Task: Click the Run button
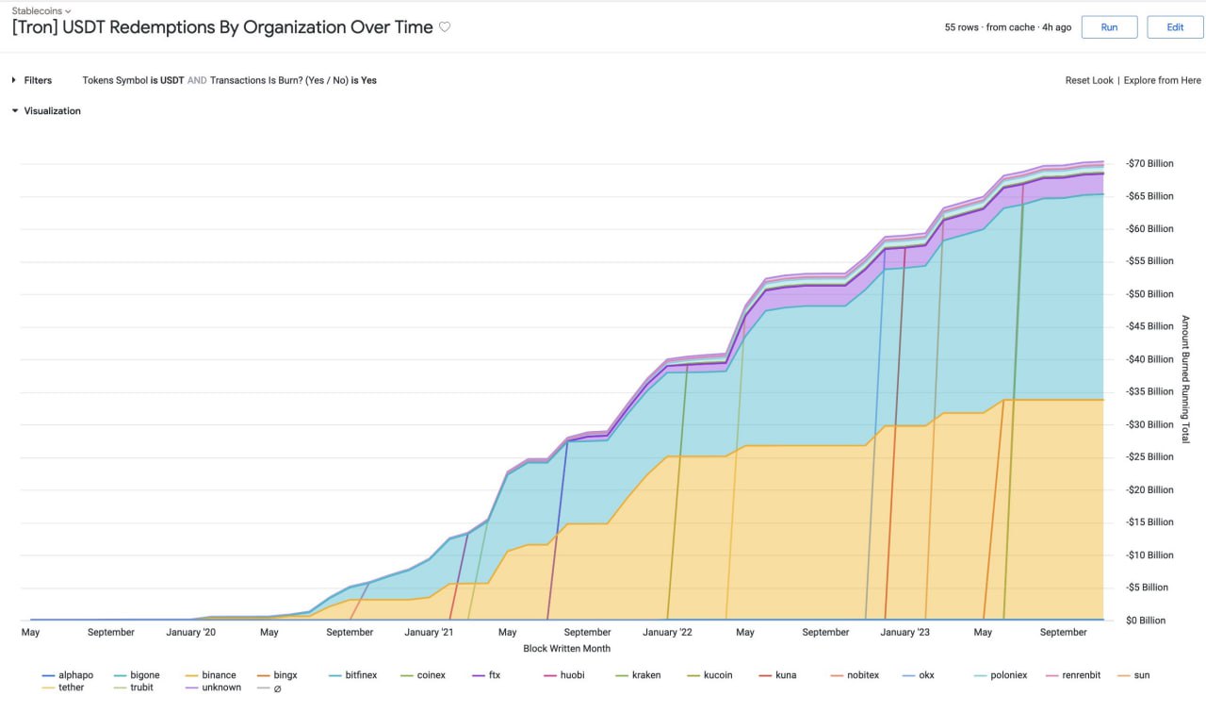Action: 1109,27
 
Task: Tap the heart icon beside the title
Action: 445,27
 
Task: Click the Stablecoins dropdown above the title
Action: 41,10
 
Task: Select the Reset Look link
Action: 1089,80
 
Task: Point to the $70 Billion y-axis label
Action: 1149,163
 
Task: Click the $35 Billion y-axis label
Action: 1149,391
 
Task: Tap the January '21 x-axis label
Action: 429,632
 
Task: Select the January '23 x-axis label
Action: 904,632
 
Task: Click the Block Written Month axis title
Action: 566,648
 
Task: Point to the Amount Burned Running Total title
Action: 1184,379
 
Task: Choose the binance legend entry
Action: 219,675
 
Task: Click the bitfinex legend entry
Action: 362,675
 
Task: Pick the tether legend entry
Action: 71,687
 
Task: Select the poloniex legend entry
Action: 1008,675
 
